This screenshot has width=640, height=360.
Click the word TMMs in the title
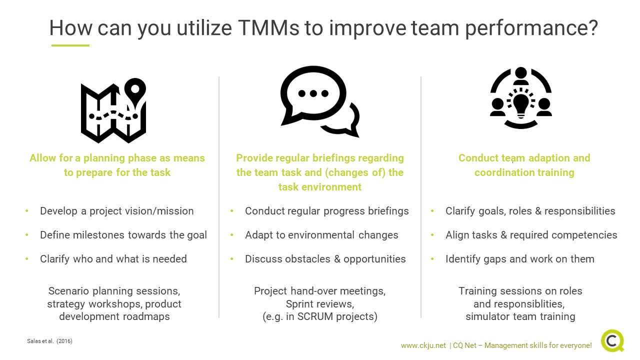(x=268, y=28)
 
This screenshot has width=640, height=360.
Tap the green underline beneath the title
(x=70, y=45)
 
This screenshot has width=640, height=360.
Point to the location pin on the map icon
(x=135, y=92)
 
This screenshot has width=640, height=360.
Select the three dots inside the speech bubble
(x=313, y=93)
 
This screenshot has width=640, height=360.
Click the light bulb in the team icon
(x=521, y=105)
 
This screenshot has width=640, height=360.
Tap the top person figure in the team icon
(x=521, y=75)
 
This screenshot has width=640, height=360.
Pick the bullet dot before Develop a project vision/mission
(x=27, y=211)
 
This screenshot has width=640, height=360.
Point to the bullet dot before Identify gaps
(x=432, y=259)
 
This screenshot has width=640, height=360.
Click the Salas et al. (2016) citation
(x=49, y=341)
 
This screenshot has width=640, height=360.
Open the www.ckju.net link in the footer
(x=423, y=345)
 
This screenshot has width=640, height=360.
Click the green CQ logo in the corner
(x=612, y=341)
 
